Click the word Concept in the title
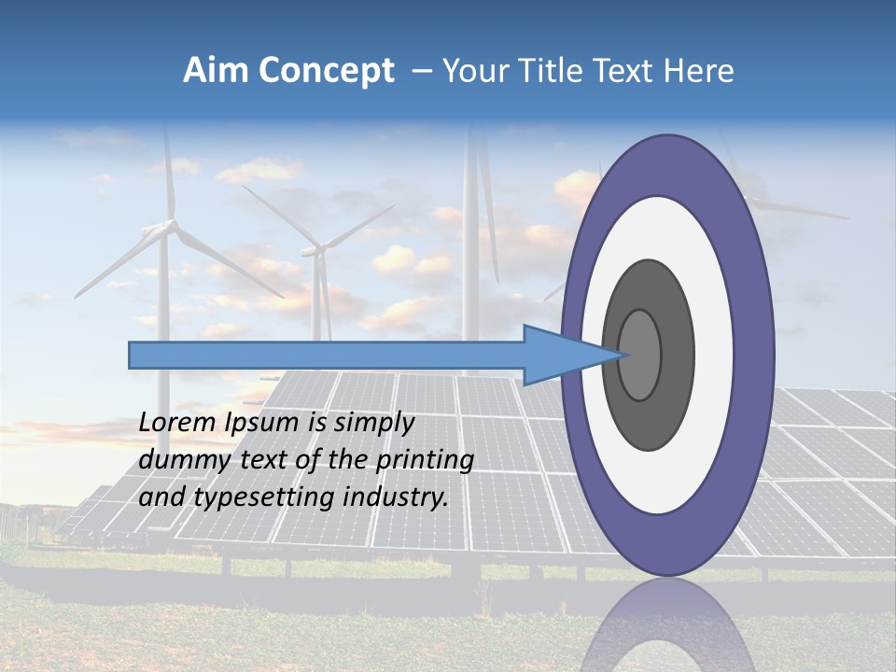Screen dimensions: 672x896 (x=327, y=71)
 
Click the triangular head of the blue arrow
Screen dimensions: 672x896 (x=560, y=355)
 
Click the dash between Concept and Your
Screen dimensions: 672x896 (x=421, y=71)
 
